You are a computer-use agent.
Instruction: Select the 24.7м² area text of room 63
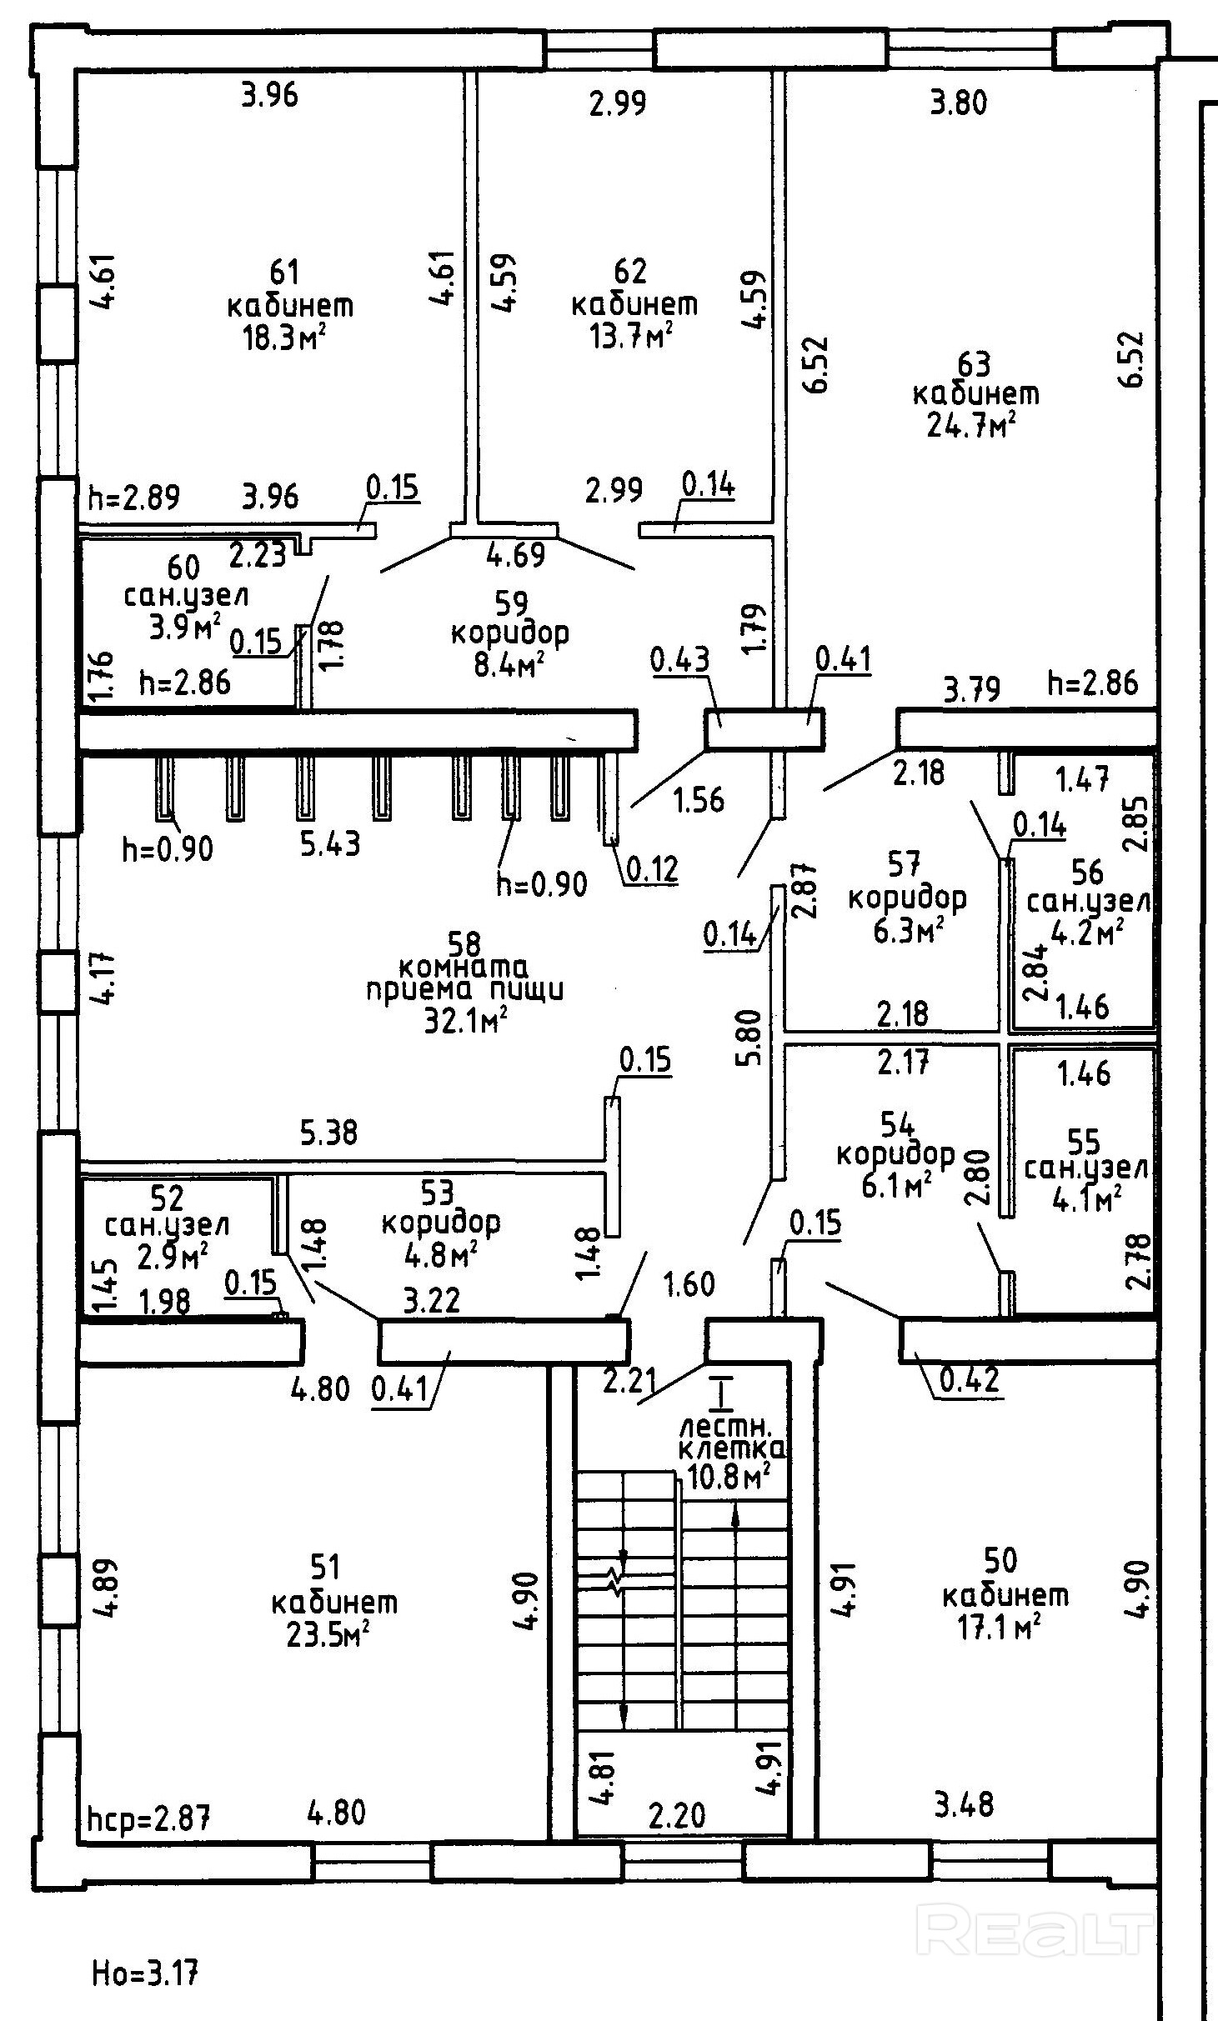971,426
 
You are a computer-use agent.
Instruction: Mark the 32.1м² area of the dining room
467,1019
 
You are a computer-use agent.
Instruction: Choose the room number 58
465,943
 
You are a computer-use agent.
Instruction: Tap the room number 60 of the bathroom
184,568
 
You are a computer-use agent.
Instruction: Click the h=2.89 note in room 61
133,498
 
